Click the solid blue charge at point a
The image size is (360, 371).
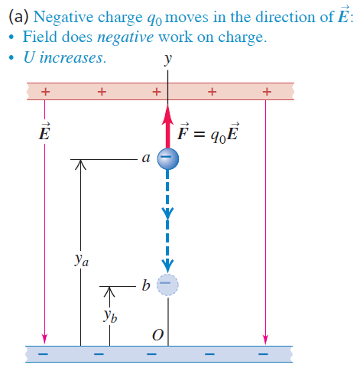point(168,158)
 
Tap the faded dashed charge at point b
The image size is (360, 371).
point(168,285)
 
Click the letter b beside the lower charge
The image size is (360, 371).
point(145,286)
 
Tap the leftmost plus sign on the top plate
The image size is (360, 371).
point(45,91)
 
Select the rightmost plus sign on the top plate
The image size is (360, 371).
point(266,91)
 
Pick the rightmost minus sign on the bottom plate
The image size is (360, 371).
point(264,355)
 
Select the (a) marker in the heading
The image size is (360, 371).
point(18,15)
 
